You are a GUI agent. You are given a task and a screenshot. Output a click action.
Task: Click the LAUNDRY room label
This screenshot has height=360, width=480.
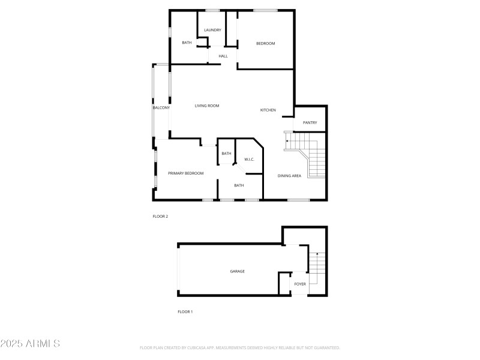tap(212, 30)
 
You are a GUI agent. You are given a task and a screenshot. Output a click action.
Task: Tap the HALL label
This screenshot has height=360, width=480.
tap(223, 56)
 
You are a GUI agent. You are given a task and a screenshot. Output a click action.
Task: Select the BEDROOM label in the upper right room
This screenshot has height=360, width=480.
tap(265, 43)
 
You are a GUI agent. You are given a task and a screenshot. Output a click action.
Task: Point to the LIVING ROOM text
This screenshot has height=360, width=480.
tap(207, 106)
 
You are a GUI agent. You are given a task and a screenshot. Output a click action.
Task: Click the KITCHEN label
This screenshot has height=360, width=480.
tap(268, 110)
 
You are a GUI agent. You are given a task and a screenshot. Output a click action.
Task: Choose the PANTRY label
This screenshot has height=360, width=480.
tap(310, 122)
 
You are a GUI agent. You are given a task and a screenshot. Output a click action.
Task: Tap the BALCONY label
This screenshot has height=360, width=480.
tap(161, 107)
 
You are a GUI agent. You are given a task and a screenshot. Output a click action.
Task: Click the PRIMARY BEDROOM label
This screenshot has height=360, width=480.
tap(185, 173)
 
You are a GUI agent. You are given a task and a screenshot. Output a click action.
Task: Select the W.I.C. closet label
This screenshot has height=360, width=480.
tap(250, 160)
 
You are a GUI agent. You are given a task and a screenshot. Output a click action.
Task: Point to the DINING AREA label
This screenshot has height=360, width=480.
tap(289, 176)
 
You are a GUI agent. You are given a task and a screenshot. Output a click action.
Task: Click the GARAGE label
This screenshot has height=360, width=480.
tap(237, 271)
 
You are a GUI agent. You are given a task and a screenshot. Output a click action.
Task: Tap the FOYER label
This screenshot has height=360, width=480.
tap(300, 284)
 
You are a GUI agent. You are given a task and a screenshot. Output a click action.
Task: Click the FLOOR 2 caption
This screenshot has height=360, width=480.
tap(160, 216)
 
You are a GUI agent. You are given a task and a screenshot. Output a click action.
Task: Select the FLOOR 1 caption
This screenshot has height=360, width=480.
tap(185, 311)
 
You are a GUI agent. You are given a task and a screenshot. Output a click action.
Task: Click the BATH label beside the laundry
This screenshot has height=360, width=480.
tap(187, 43)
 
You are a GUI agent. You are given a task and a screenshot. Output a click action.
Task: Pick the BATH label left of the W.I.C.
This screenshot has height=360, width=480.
tap(226, 154)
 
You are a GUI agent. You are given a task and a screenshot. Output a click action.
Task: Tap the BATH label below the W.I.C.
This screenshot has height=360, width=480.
tap(239, 185)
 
